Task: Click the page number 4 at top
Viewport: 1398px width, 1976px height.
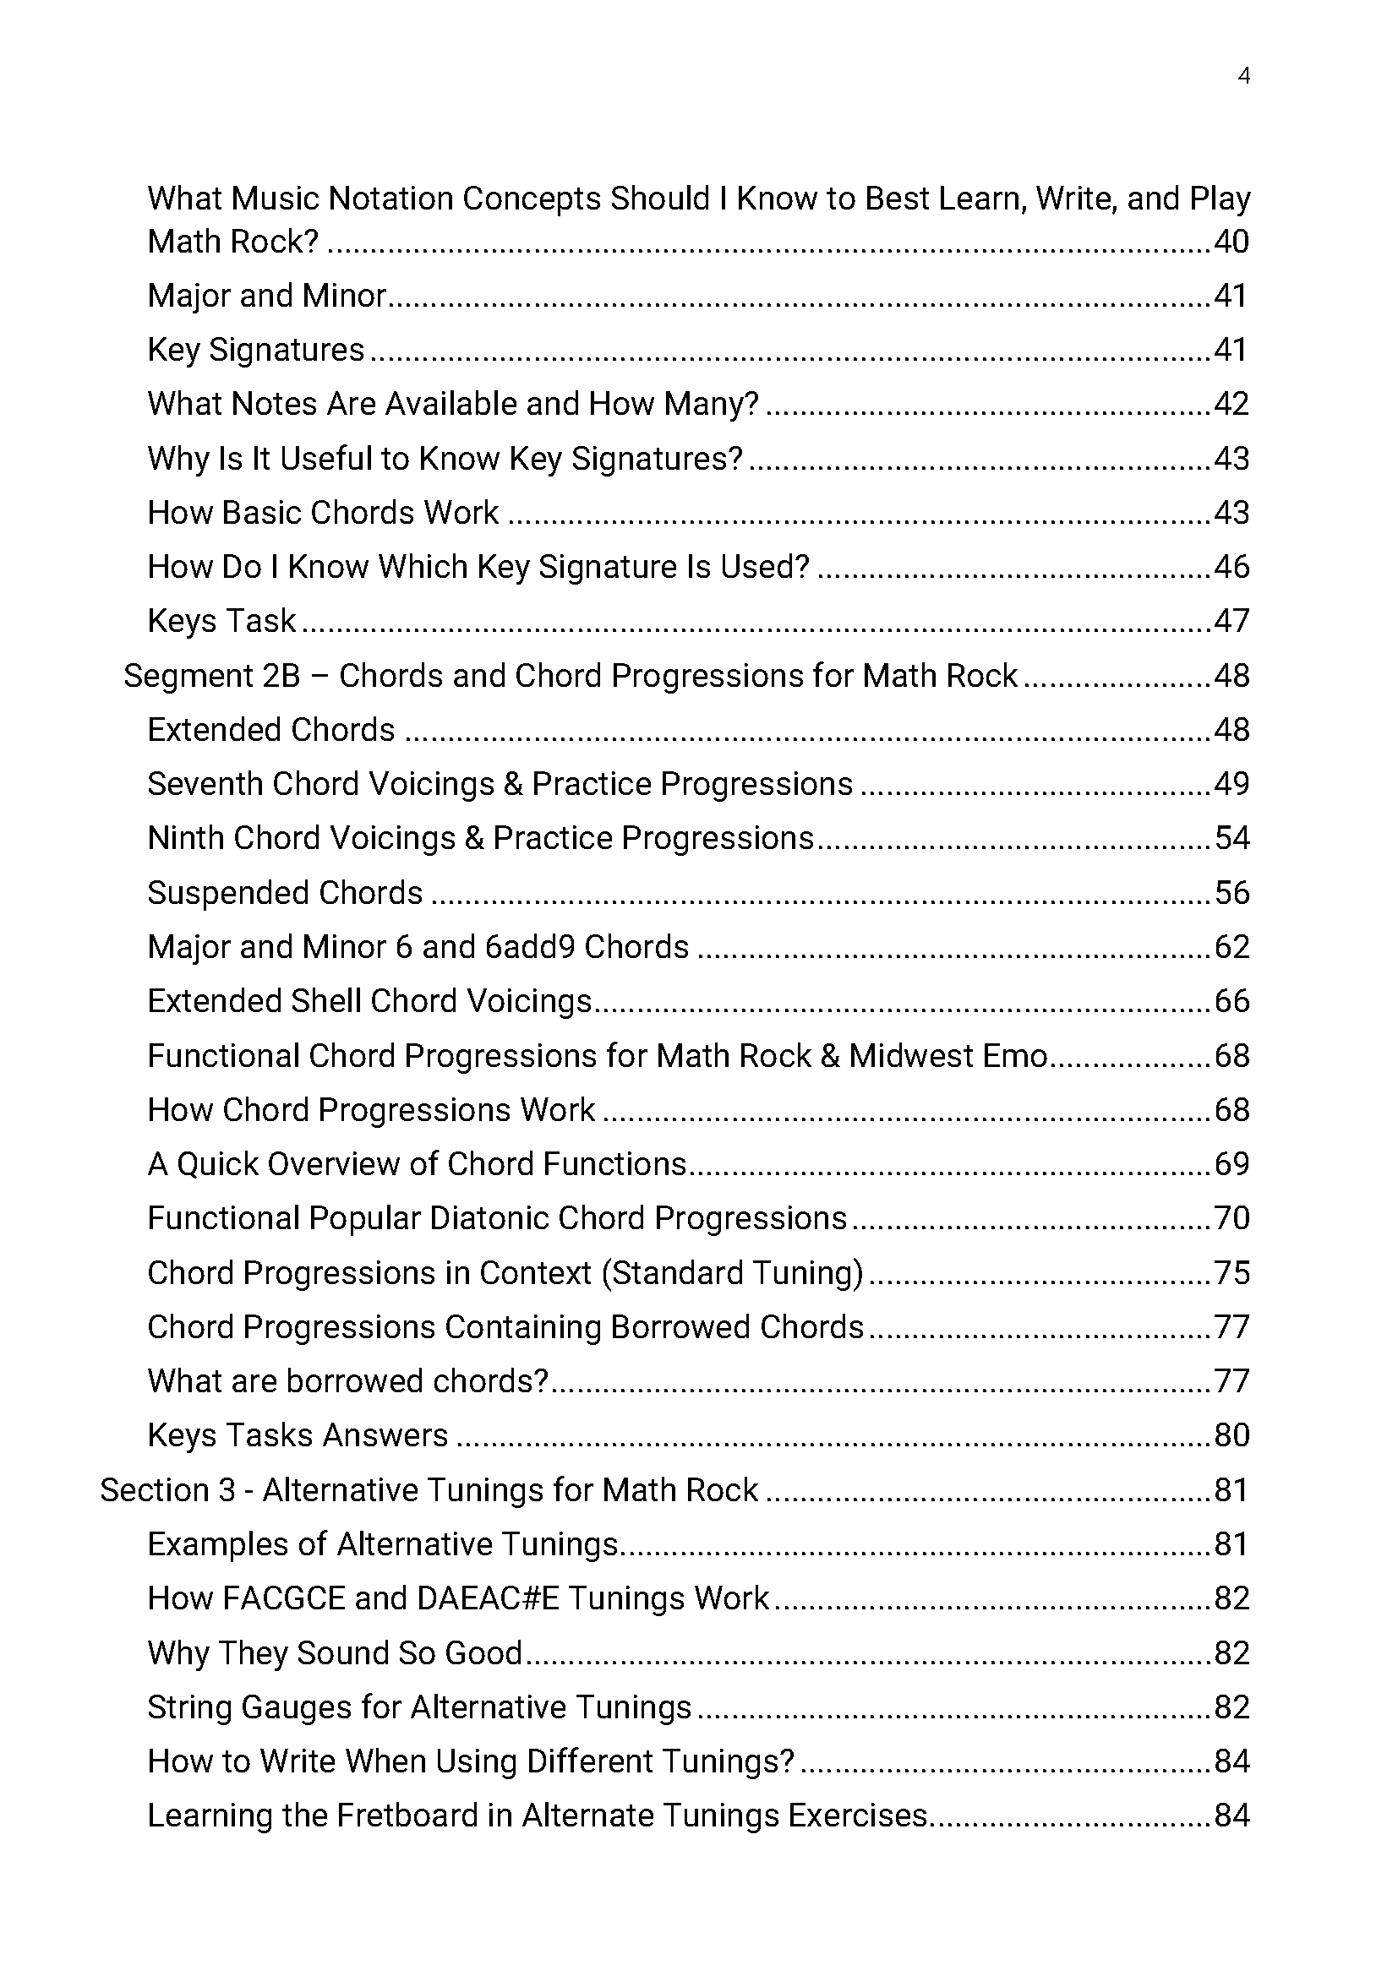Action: click(x=1243, y=76)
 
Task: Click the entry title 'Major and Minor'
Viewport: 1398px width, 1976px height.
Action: click(x=267, y=296)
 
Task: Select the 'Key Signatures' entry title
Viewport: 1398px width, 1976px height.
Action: click(x=255, y=351)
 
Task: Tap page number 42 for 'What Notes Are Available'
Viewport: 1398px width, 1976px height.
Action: click(x=1231, y=404)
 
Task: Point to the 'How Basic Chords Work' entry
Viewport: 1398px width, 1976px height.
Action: click(x=323, y=513)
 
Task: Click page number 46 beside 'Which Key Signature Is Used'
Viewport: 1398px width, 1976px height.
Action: click(x=1231, y=567)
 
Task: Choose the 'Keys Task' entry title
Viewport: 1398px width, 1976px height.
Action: click(x=221, y=622)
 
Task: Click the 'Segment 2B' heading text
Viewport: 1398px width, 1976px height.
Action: click(x=570, y=677)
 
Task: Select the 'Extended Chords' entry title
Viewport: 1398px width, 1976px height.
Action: click(x=270, y=731)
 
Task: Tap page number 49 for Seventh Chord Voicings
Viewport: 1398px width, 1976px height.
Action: click(x=1231, y=784)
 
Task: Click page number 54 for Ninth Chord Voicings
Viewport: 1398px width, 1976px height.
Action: click(x=1231, y=838)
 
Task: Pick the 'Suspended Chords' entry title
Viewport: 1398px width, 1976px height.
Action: click(x=285, y=893)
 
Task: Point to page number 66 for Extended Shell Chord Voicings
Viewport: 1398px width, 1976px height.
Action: click(x=1231, y=1002)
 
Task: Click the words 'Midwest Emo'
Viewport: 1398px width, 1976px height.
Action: click(x=947, y=1056)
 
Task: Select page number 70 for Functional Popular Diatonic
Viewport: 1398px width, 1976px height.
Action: click(x=1231, y=1219)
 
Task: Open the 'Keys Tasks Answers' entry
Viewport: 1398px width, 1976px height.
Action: click(x=297, y=1435)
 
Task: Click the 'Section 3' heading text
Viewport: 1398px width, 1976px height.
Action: click(x=429, y=1490)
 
